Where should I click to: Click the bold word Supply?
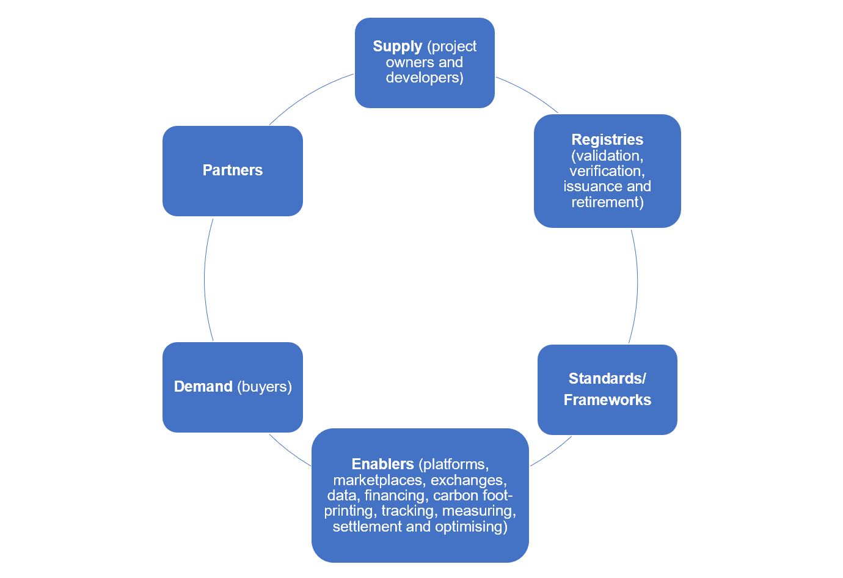[x=397, y=46]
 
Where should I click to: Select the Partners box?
[x=233, y=170]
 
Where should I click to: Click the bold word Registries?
[x=607, y=140]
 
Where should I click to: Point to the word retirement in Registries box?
[x=607, y=202]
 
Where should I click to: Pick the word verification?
[x=607, y=171]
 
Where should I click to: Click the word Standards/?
[x=607, y=379]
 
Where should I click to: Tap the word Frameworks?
[x=607, y=400]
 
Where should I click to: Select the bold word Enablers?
[x=382, y=464]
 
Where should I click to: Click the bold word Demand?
[x=203, y=387]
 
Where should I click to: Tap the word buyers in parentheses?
[x=265, y=387]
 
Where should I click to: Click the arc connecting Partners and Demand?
[x=205, y=280]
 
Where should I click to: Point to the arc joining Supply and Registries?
[x=528, y=93]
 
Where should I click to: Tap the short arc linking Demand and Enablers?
[x=290, y=452]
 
